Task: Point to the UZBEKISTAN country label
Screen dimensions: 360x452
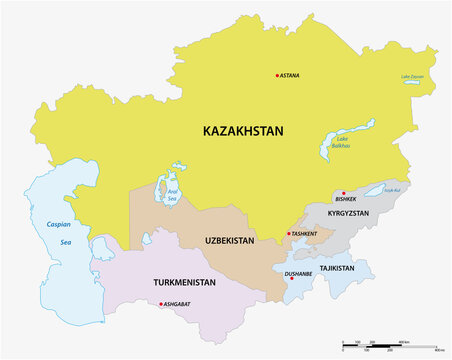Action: click(229, 240)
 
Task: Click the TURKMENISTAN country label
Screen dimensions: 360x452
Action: click(187, 282)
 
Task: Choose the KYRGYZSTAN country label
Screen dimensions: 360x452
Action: click(348, 214)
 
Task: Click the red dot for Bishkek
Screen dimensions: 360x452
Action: click(343, 193)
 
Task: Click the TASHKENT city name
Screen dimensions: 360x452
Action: click(304, 233)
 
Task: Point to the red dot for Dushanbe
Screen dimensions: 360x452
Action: click(291, 279)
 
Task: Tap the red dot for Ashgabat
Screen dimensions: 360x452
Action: click(161, 303)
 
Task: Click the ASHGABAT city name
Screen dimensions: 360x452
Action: click(178, 303)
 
